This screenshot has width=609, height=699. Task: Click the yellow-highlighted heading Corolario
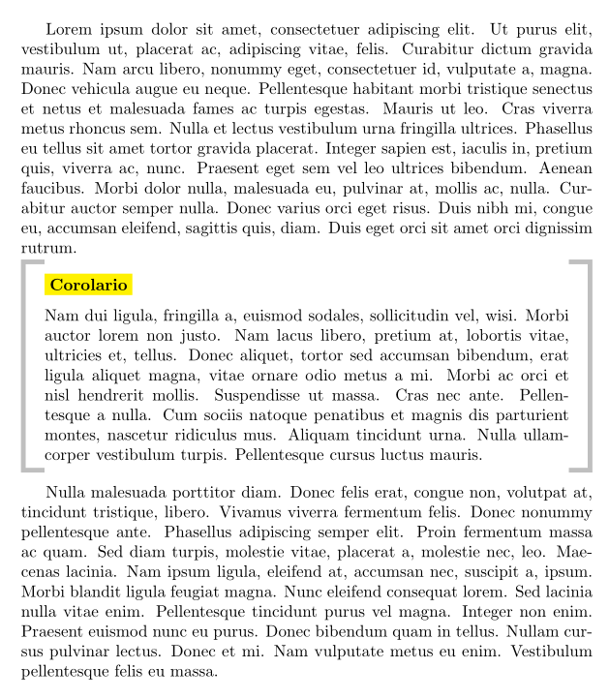[x=87, y=285]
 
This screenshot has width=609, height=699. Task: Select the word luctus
[x=384, y=452]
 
